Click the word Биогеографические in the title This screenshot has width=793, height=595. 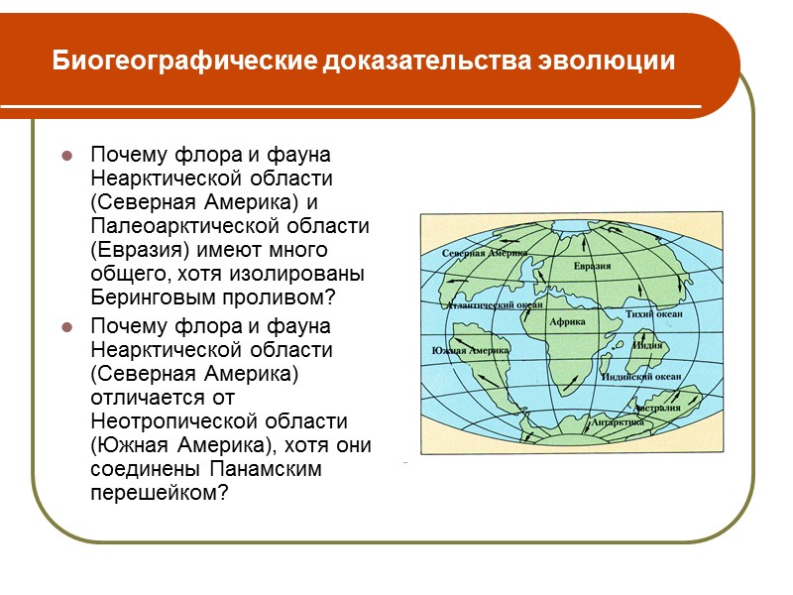point(184,61)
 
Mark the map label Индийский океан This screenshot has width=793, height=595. point(648,377)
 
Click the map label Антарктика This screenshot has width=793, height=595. point(618,422)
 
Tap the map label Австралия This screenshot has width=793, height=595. point(657,408)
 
